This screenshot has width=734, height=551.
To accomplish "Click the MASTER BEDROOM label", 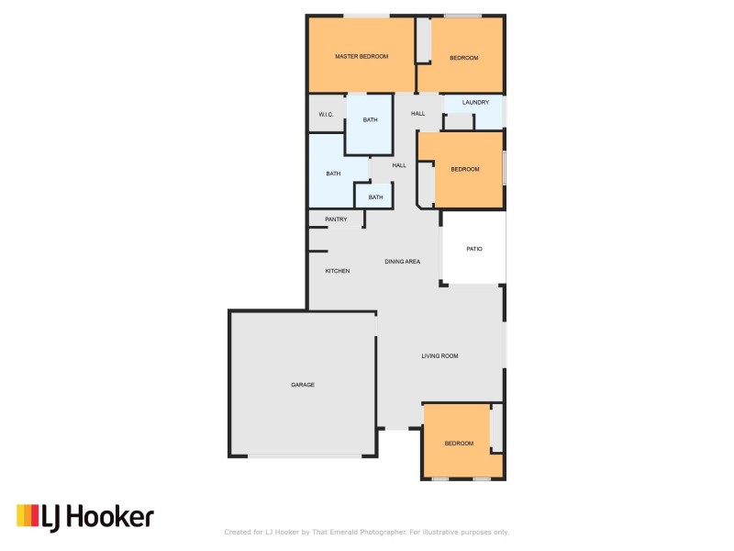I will [361, 57].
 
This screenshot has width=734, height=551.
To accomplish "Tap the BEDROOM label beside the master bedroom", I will [464, 59].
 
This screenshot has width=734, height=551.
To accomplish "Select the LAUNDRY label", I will [475, 103].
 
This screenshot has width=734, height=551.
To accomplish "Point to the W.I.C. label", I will [325, 114].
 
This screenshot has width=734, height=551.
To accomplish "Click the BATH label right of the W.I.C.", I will [370, 120].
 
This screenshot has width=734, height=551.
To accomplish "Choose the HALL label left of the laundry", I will [418, 114].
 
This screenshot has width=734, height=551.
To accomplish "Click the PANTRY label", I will [336, 219].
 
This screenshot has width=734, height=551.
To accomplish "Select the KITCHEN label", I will [338, 271].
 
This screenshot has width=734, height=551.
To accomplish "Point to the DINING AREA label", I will [402, 263].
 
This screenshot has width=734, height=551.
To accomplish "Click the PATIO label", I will [474, 249].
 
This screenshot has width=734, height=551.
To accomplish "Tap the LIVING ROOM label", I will [439, 356].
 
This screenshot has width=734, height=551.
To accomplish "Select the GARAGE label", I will [303, 385].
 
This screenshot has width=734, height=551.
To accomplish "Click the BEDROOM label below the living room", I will [459, 444].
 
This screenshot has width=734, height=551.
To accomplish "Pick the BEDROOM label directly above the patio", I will [464, 169].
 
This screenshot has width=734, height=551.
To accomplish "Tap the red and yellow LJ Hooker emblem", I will [28, 516].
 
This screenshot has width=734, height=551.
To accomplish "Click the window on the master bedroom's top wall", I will [366, 15].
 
